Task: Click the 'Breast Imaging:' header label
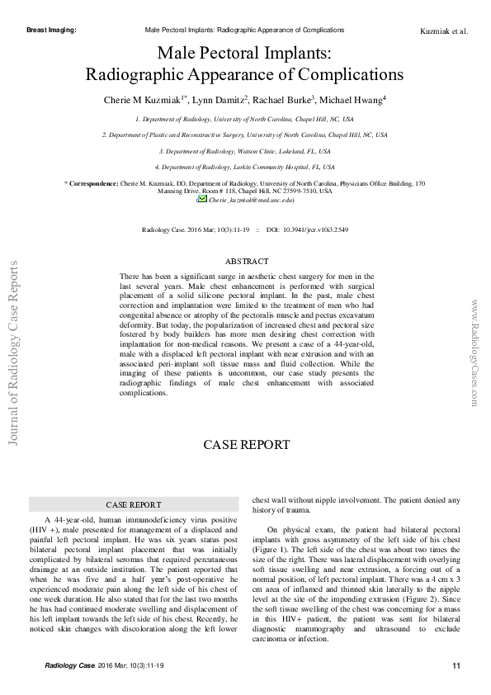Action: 51,30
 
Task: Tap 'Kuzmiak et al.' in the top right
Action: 444,32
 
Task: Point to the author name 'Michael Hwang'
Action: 354,99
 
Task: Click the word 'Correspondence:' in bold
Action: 93,183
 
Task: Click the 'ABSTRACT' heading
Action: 247,262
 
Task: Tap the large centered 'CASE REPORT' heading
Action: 247,445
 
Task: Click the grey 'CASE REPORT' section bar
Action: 133,504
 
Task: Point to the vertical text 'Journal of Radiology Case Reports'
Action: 14,352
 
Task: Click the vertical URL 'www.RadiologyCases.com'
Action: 475,352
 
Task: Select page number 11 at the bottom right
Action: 456,666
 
